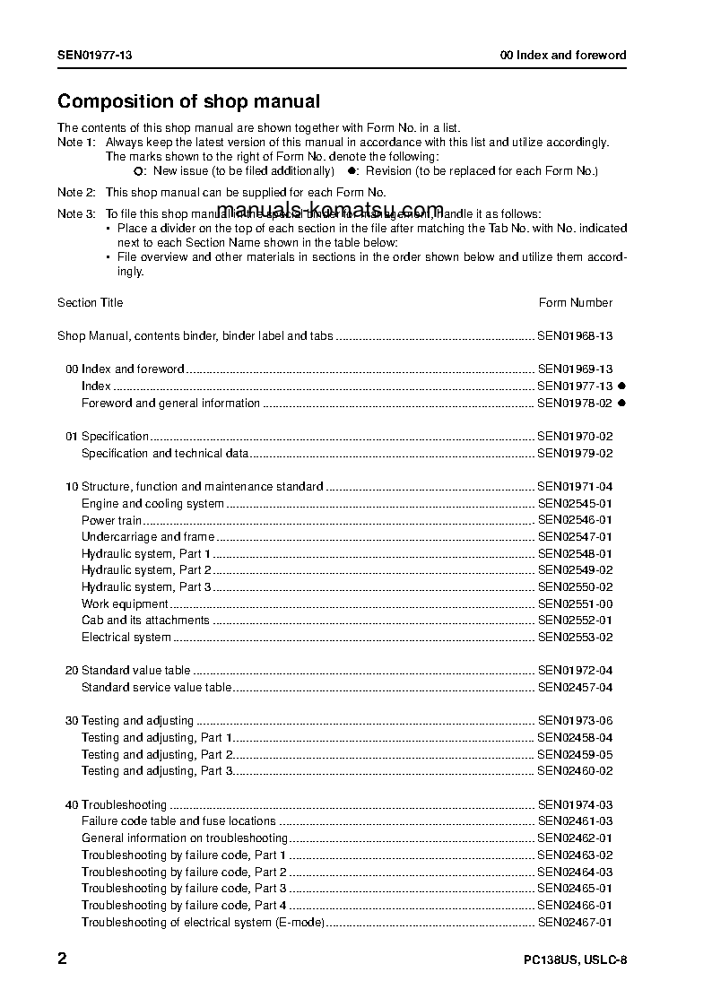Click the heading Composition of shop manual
click(188, 102)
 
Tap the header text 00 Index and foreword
click(563, 56)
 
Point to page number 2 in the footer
click(62, 959)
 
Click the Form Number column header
click(576, 303)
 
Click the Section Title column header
click(91, 303)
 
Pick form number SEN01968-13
click(575, 336)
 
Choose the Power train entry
click(111, 520)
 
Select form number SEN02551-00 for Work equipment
click(575, 604)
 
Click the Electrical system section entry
click(126, 638)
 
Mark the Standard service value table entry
click(156, 688)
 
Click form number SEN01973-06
click(575, 721)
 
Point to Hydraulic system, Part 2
click(146, 570)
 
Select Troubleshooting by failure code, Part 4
click(184, 906)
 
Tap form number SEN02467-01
click(575, 923)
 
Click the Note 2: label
click(76, 193)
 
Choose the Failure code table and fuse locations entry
click(178, 821)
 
